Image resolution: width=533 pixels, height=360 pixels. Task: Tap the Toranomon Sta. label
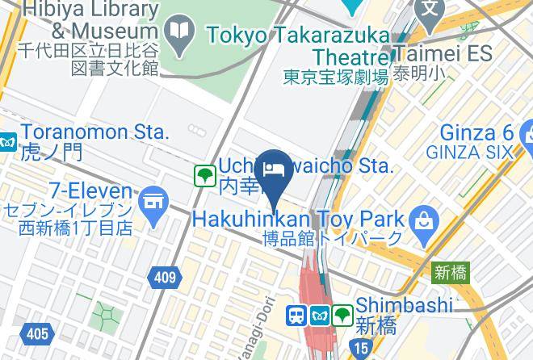click(x=95, y=132)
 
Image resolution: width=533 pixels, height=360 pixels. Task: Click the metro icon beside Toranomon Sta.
click(x=7, y=142)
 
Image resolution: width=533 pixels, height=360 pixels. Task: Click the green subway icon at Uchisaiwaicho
click(x=204, y=174)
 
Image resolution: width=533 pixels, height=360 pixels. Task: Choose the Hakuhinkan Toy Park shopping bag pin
click(x=422, y=217)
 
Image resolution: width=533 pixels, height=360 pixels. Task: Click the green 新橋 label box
click(x=450, y=272)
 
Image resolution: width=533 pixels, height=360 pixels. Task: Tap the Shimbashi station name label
click(x=404, y=305)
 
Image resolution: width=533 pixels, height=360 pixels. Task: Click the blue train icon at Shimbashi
click(x=296, y=314)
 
